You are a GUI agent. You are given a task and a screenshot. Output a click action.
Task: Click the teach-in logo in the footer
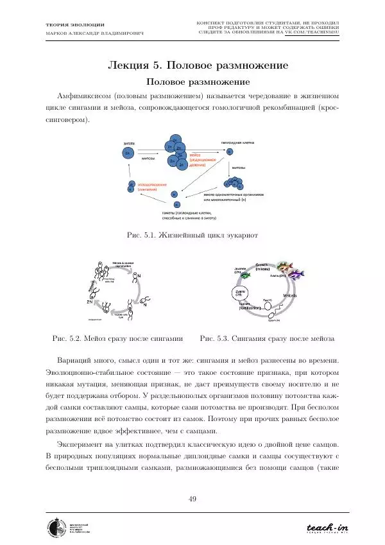[x=327, y=528]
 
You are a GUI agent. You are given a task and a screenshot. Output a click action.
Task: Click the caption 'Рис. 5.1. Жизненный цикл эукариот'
[x=192, y=236]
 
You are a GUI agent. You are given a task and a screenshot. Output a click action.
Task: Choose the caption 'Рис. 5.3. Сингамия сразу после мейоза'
[x=268, y=337]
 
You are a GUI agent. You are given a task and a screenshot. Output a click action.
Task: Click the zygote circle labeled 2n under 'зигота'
[x=129, y=153]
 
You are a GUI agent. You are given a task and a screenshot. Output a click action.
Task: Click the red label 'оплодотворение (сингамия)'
[x=151, y=187]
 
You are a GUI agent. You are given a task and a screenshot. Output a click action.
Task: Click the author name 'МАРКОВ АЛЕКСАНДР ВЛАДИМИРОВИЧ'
[x=94, y=32]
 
